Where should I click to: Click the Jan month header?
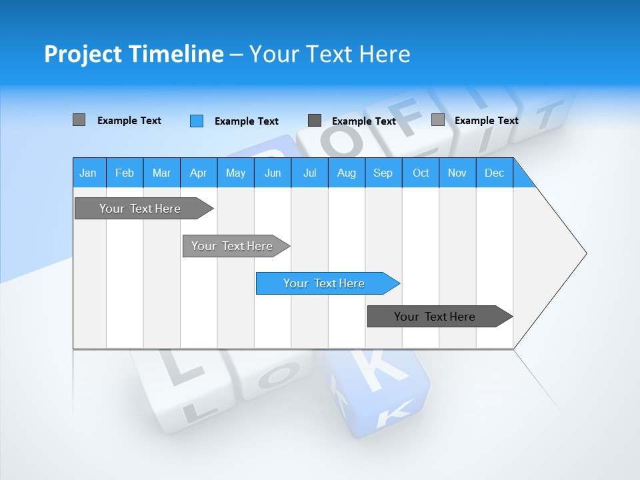click(x=88, y=173)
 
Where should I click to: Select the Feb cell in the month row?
click(x=125, y=173)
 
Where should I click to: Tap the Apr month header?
click(x=198, y=173)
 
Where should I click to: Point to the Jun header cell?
click(x=273, y=173)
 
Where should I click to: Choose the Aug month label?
click(x=347, y=173)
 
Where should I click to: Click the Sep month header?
click(x=383, y=173)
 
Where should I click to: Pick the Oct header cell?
click(x=421, y=173)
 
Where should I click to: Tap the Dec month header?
click(x=495, y=173)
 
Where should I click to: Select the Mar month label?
click(x=161, y=173)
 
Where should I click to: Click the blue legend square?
click(x=197, y=121)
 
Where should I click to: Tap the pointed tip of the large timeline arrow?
click(x=585, y=253)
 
